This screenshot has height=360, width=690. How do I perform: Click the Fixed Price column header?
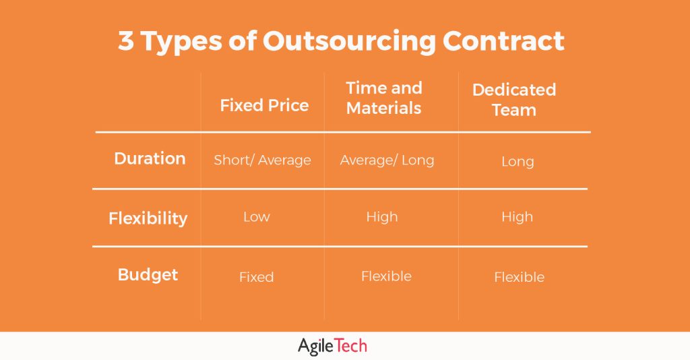(264, 105)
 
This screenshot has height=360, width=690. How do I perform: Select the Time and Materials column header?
(384, 98)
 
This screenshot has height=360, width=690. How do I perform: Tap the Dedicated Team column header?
(514, 100)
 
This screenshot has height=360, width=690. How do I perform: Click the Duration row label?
(150, 158)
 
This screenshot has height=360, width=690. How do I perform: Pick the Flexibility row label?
(148, 218)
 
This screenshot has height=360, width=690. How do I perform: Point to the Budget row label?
(148, 275)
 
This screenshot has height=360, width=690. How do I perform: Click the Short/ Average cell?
(262, 160)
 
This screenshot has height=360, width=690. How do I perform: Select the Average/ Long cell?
(387, 160)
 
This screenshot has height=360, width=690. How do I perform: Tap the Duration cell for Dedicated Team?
(517, 162)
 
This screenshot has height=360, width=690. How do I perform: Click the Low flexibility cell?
(256, 217)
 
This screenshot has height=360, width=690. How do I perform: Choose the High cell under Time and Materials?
(382, 217)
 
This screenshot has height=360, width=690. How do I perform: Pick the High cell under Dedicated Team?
(517, 217)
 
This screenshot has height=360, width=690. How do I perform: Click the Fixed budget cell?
(256, 277)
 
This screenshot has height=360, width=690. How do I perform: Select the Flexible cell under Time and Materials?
(386, 276)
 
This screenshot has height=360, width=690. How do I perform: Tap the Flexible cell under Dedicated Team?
(519, 277)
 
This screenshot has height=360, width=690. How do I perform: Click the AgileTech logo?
(332, 347)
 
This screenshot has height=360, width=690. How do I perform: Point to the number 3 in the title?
(125, 42)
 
